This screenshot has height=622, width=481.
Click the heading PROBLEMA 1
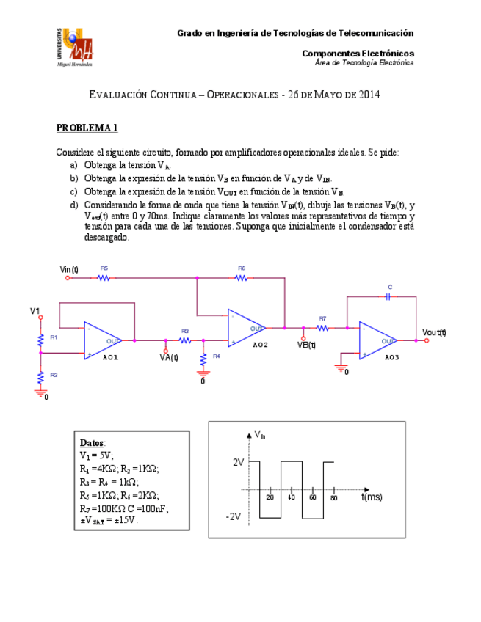[87, 128]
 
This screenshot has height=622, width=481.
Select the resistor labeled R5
[104, 278]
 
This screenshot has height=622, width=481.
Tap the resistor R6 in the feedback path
[242, 278]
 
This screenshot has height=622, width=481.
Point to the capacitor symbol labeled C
[390, 296]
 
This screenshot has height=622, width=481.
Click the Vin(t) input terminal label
[69, 269]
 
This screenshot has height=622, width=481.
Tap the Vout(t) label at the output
[434, 332]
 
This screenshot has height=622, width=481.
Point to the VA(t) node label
[169, 358]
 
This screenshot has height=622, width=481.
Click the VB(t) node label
[306, 345]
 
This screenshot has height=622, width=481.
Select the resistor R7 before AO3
[322, 327]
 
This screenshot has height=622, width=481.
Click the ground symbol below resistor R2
[40, 392]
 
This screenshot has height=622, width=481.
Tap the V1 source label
[35, 312]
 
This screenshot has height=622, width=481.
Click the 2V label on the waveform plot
[237, 463]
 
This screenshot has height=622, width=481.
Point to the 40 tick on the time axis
[292, 497]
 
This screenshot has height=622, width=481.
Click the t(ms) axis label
[372, 497]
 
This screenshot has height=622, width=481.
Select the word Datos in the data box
[92, 443]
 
